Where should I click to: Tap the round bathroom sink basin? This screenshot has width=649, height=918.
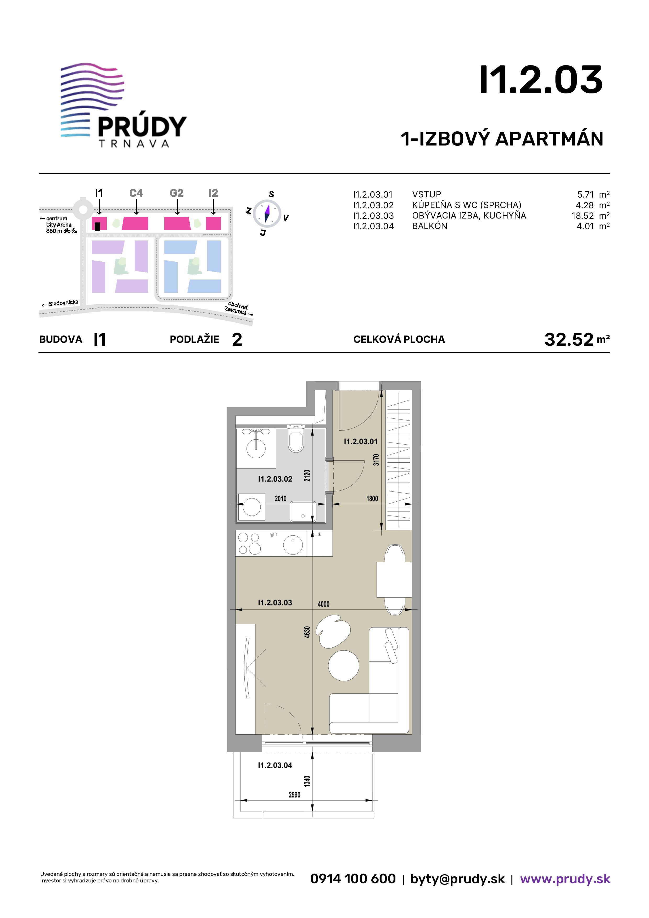[256, 448]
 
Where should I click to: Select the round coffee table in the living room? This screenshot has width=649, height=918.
[344, 666]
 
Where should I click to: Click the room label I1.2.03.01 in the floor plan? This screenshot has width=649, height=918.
[361, 441]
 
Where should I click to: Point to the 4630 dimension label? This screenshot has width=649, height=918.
[307, 632]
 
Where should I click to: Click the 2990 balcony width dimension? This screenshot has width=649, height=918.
[294, 795]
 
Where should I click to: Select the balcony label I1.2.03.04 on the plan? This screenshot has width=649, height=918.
[275, 765]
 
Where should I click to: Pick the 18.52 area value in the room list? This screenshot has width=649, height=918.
[583, 216]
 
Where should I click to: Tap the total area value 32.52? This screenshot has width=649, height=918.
[569, 339]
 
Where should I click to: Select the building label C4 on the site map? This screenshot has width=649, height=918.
[136, 193]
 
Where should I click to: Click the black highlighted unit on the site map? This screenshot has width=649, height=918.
[98, 226]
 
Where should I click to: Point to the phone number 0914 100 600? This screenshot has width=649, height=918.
[353, 879]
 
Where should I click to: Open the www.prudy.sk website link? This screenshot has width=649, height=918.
[565, 879]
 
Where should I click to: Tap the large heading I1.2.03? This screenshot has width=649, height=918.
[541, 80]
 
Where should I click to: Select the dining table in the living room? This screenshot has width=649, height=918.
[394, 580]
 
